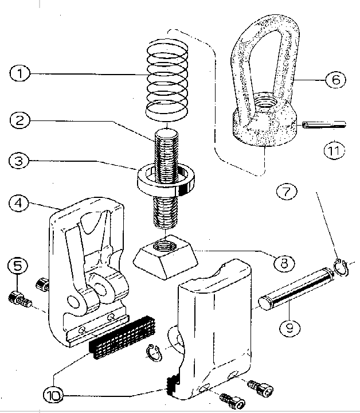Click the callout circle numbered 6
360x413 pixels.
(x=336, y=79)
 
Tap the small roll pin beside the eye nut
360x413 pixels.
(x=324, y=124)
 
